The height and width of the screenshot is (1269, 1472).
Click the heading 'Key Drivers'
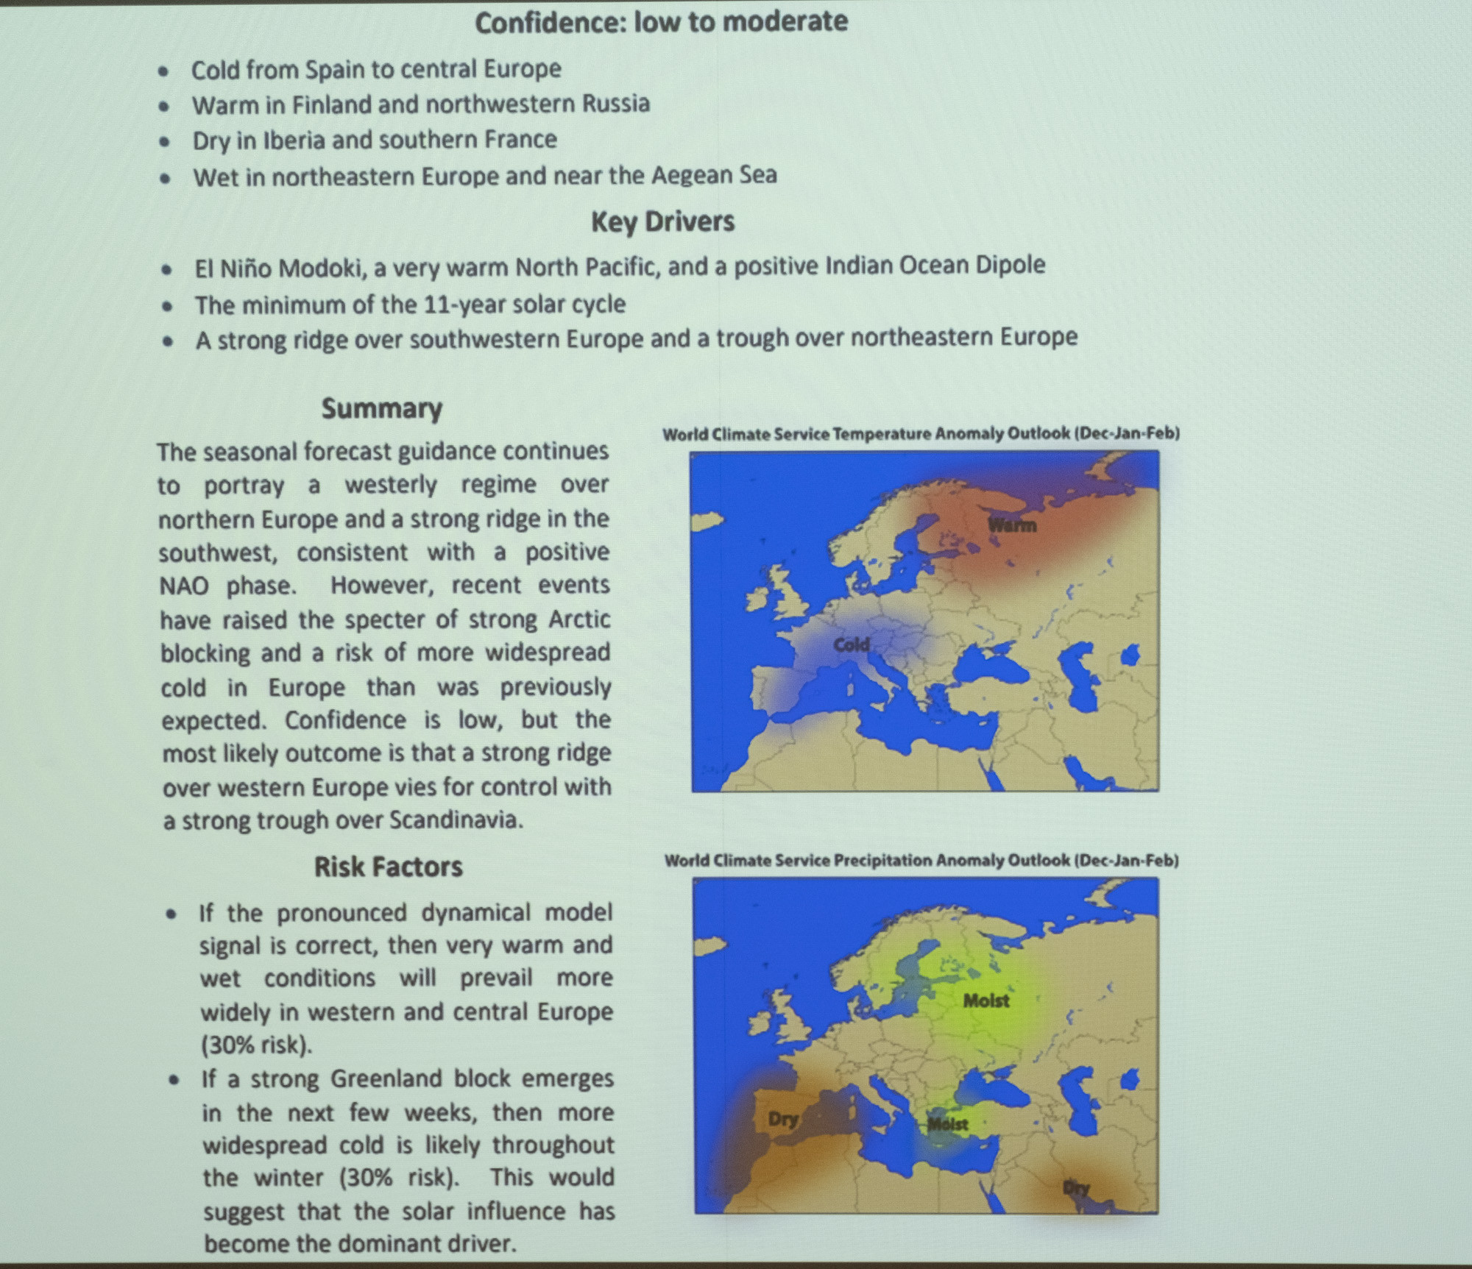[662, 221]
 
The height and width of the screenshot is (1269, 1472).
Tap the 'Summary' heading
[381, 409]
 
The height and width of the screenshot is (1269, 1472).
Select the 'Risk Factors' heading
[388, 867]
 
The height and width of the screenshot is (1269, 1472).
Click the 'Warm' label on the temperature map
[1012, 525]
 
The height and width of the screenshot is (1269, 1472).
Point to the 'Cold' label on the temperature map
[851, 645]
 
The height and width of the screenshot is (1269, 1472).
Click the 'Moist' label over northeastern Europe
[986, 1000]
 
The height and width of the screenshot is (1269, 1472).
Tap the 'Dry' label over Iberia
[783, 1119]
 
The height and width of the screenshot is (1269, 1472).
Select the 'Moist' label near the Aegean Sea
[948, 1124]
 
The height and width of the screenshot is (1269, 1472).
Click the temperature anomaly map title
[921, 434]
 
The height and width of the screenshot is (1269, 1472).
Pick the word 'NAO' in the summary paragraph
[185, 586]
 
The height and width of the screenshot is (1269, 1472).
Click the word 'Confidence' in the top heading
[548, 22]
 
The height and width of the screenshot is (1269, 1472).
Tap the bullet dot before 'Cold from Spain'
[164, 71]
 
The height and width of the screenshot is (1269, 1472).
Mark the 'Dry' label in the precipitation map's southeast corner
[1076, 1187]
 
